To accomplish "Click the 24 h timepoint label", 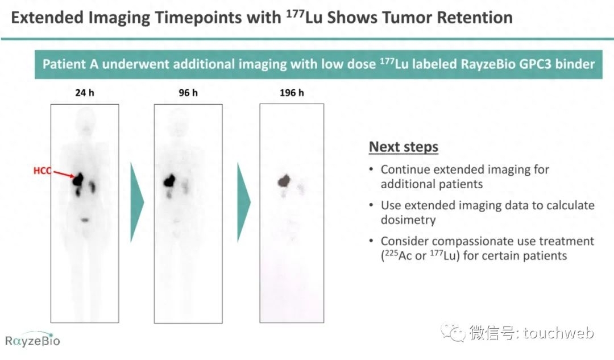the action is tap(85, 93).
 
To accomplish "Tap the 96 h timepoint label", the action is tap(188, 93).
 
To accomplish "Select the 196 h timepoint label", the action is tap(292, 93).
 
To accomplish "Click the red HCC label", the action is tap(42, 171).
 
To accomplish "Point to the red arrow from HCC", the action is tap(64, 175).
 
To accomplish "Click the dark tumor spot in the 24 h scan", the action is tap(78, 179).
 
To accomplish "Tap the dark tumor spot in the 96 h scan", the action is tap(170, 180).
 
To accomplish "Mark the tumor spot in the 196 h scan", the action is tap(284, 181).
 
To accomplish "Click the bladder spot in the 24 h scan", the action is tap(85, 220).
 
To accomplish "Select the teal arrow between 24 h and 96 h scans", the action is tap(136, 202).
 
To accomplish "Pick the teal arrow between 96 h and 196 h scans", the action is tap(243, 202).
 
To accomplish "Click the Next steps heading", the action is tap(403, 147).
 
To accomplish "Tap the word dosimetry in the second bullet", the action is tap(408, 220).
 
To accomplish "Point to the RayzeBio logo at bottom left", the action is tap(32, 341).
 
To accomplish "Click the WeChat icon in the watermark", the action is tap(453, 333).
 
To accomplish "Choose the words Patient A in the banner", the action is tap(70, 64).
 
